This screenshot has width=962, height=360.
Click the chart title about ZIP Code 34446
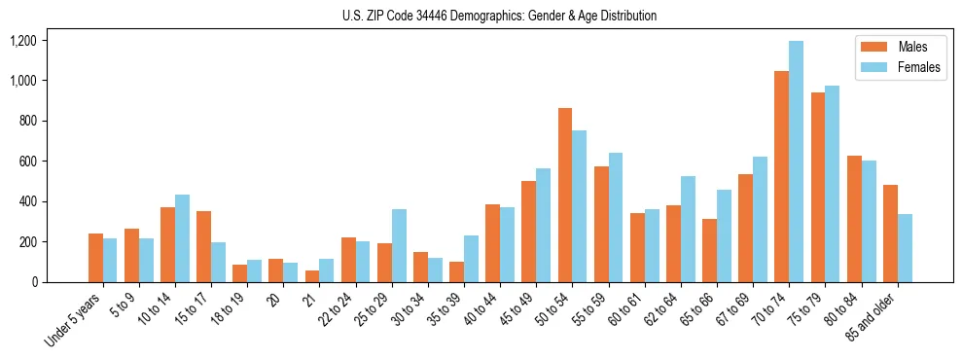coord(500,16)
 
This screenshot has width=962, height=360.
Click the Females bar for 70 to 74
coord(796,162)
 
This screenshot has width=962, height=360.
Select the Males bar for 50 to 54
coord(565,195)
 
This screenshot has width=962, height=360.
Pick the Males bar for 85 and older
coord(890,234)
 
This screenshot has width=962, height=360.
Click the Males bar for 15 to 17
coord(203,246)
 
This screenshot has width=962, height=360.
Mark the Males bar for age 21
coord(311,276)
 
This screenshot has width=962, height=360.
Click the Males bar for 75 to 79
coord(818,187)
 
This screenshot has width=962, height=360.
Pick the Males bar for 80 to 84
coord(854,219)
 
